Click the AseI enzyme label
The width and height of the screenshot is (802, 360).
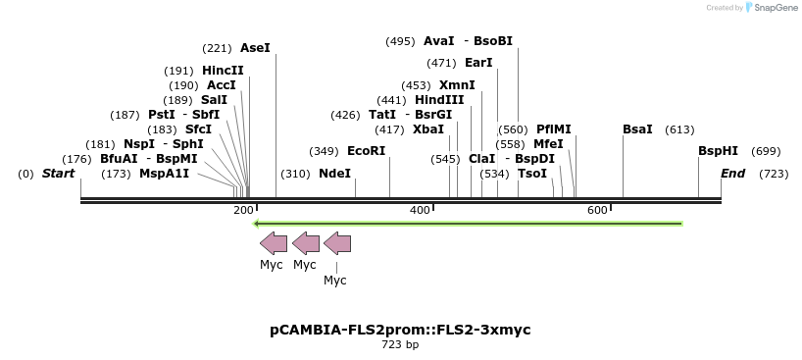(255, 47)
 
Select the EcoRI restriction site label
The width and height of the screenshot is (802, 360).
(366, 151)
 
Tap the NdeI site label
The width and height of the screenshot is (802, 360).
(334, 174)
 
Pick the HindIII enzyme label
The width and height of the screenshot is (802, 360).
(438, 100)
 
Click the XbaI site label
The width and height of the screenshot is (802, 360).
(427, 129)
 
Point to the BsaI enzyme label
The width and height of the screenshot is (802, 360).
(637, 129)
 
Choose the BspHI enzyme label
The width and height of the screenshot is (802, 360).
(718, 151)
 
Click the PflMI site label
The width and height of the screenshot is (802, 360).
(553, 129)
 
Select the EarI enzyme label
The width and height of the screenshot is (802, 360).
(478, 63)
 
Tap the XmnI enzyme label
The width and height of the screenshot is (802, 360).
(457, 85)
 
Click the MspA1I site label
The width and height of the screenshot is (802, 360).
(164, 174)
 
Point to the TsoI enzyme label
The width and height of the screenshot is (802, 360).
(532, 174)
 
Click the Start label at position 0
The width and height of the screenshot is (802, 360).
(58, 174)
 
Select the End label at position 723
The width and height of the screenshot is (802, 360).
(732, 174)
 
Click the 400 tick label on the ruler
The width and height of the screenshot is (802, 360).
(420, 211)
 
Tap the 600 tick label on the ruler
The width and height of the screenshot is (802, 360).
(597, 211)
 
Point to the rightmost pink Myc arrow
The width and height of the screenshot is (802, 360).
(336, 243)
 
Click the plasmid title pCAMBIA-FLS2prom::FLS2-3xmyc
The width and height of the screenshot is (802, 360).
(400, 330)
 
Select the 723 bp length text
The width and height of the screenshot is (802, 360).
(400, 344)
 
